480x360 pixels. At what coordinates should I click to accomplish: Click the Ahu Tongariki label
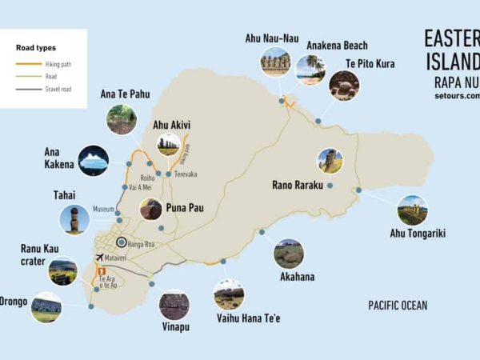[x=417, y=234]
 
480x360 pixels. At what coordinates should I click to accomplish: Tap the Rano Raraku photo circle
[x=330, y=161]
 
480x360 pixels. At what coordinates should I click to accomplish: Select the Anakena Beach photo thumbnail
[x=310, y=70]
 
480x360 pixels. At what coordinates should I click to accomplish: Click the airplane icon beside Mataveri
[x=98, y=258]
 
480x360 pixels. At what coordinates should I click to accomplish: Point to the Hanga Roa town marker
[x=121, y=242]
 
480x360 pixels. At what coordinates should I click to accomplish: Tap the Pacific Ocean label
[x=398, y=306]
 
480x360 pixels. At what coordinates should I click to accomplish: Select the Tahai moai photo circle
[x=74, y=219]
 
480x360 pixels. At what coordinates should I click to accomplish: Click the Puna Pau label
[x=185, y=208]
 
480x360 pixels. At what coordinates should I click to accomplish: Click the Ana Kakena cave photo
[x=94, y=161]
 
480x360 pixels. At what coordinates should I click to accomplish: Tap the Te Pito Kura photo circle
[x=345, y=86]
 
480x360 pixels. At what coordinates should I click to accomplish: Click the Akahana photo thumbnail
[x=288, y=254]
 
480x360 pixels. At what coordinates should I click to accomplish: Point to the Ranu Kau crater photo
[x=63, y=272]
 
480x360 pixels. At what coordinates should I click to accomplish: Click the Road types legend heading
[x=34, y=48]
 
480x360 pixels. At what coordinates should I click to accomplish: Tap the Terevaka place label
[x=186, y=174]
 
